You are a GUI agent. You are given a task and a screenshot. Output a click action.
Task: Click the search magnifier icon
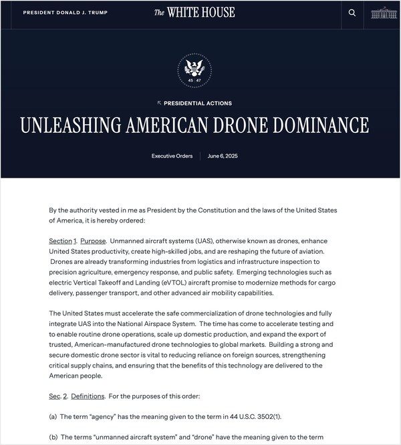[352, 13]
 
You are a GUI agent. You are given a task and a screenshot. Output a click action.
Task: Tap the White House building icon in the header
[384, 13]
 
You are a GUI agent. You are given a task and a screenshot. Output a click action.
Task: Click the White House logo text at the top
[194, 13]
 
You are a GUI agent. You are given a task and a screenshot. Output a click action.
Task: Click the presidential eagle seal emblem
[194, 69]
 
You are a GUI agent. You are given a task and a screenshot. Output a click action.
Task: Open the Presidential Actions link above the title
[194, 104]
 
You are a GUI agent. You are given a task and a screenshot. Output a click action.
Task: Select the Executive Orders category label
[172, 156]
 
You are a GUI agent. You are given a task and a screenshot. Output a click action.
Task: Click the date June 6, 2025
[223, 156]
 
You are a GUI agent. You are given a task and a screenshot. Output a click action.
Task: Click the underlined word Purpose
[92, 241]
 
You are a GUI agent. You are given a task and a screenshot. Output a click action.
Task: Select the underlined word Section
[60, 241]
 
